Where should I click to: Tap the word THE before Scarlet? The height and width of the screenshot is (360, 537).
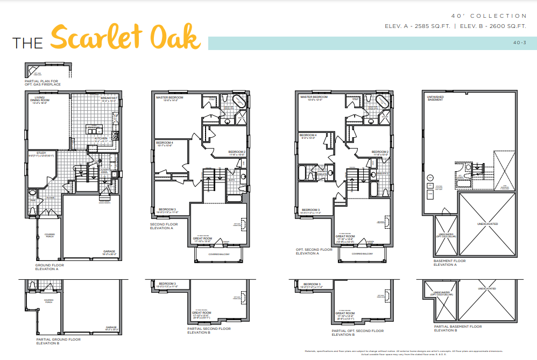point(28,44)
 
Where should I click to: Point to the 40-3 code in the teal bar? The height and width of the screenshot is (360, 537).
point(520,43)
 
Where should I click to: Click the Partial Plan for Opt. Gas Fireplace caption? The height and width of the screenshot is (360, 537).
point(43,83)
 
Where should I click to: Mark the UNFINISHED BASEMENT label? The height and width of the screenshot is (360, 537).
point(435,98)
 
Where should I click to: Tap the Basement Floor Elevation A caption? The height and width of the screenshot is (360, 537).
point(449,263)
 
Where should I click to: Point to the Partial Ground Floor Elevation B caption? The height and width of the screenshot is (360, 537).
point(59,341)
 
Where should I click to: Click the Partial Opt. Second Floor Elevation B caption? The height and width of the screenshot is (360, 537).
point(358,333)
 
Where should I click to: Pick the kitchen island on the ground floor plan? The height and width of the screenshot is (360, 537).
point(93,131)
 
